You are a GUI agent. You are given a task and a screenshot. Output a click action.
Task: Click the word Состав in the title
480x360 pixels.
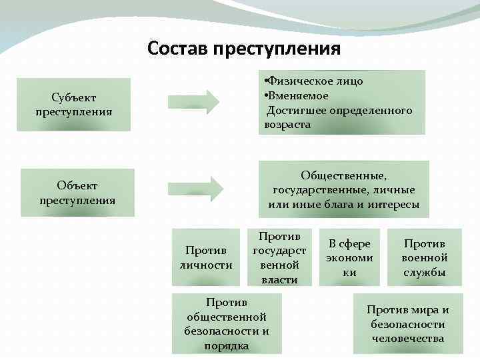pyautogui.click(x=177, y=49)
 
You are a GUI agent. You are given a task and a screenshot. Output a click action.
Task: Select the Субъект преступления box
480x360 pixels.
pyautogui.click(x=73, y=103)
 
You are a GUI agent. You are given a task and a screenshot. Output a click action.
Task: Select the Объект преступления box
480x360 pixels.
pyautogui.click(x=77, y=192)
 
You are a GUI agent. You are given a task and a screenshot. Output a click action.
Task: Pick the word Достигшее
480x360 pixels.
pyautogui.click(x=294, y=110)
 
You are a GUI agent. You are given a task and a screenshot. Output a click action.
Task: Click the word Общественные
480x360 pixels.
pyautogui.click(x=343, y=175)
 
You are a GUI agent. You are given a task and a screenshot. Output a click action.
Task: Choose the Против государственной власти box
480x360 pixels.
pyautogui.click(x=279, y=257)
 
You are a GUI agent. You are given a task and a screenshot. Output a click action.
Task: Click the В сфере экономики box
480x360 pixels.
pyautogui.click(x=349, y=257)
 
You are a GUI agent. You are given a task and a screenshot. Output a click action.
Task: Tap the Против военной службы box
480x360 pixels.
pyautogui.click(x=424, y=257)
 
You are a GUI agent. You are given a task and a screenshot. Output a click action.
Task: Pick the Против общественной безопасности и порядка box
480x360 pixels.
pyautogui.click(x=227, y=323)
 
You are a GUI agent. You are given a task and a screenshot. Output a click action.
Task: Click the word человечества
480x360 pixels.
pyautogui.click(x=408, y=339)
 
